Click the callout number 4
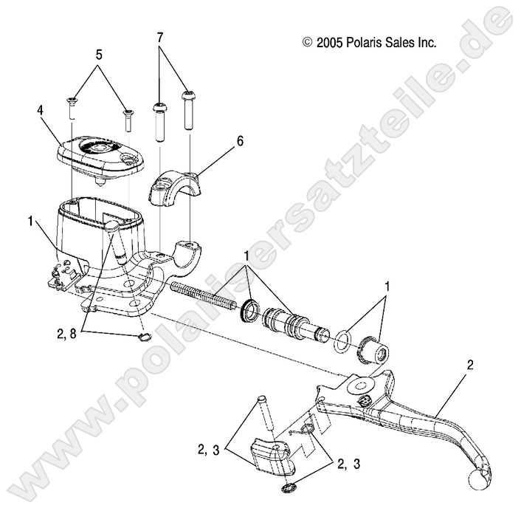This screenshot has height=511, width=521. (x=41, y=109)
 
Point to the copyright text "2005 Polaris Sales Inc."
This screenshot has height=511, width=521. (x=370, y=42)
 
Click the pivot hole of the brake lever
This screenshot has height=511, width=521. (x=362, y=386)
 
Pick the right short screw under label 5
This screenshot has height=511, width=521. (x=128, y=117)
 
